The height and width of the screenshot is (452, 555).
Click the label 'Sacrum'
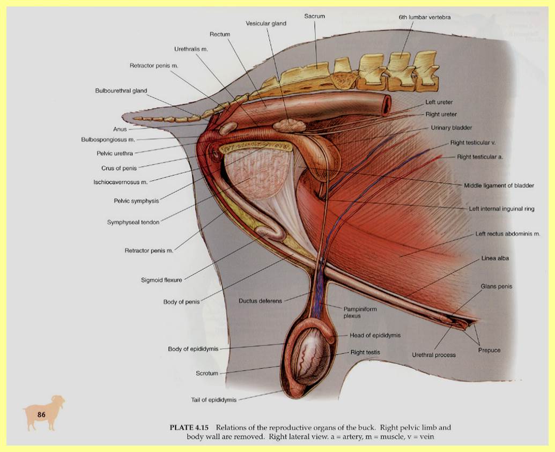(315, 17)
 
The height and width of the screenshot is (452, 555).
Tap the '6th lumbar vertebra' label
(425, 17)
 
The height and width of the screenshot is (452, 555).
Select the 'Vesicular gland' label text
(266, 24)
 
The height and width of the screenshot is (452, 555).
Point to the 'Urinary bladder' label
(452, 128)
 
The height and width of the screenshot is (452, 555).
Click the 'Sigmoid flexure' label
(165, 279)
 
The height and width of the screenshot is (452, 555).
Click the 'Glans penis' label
(496, 286)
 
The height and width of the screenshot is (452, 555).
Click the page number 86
(42, 414)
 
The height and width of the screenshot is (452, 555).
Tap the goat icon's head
(58, 402)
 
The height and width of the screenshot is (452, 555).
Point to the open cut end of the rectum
(386, 104)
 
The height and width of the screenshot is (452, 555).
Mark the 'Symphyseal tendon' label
(134, 222)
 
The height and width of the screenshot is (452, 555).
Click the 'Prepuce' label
(489, 350)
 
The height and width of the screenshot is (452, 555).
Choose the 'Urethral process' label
(434, 355)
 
